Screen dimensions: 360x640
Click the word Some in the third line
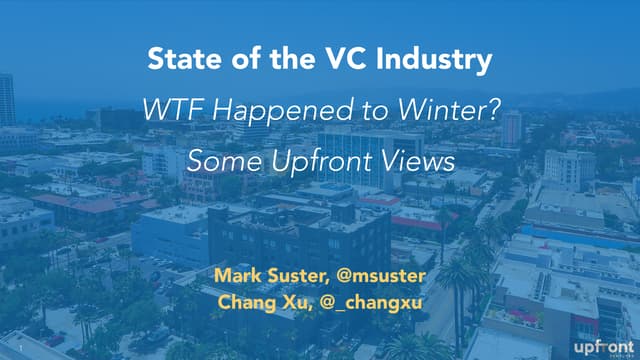coord(219,160)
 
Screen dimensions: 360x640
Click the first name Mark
coord(236,273)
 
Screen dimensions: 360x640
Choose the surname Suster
coord(303,273)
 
